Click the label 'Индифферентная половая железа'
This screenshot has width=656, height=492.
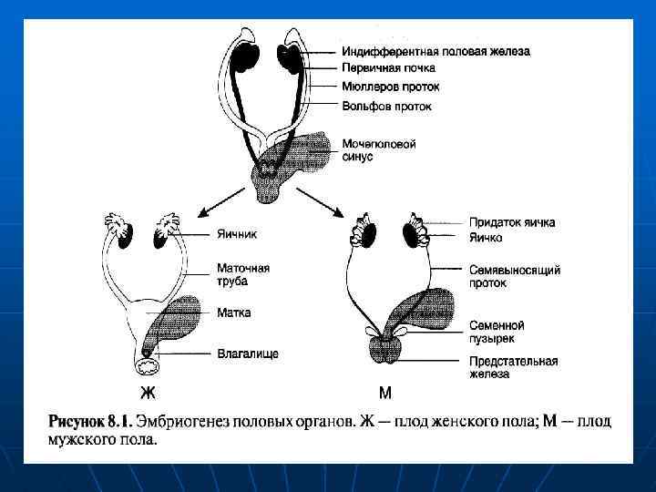tap(436, 51)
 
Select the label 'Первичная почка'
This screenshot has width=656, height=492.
tap(389, 68)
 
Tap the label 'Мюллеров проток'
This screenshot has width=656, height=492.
tap(391, 87)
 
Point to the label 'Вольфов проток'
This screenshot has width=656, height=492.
tap(387, 106)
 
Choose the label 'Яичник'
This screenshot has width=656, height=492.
tap(237, 233)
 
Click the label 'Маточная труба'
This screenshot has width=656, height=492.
tap(243, 275)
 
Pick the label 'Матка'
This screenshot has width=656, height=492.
tap(234, 312)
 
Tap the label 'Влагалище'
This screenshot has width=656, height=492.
tap(246, 353)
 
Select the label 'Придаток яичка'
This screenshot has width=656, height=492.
tap(512, 222)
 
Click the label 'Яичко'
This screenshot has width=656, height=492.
tap(487, 238)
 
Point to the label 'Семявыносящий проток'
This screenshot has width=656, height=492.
tap(514, 276)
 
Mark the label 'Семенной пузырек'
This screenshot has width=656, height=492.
tap(497, 331)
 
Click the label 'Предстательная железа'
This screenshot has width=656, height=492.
tap(513, 366)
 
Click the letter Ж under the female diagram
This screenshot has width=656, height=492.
tap(148, 394)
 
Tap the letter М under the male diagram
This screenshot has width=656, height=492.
tap(384, 394)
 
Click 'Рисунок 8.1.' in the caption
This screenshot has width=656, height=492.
tap(89, 422)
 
